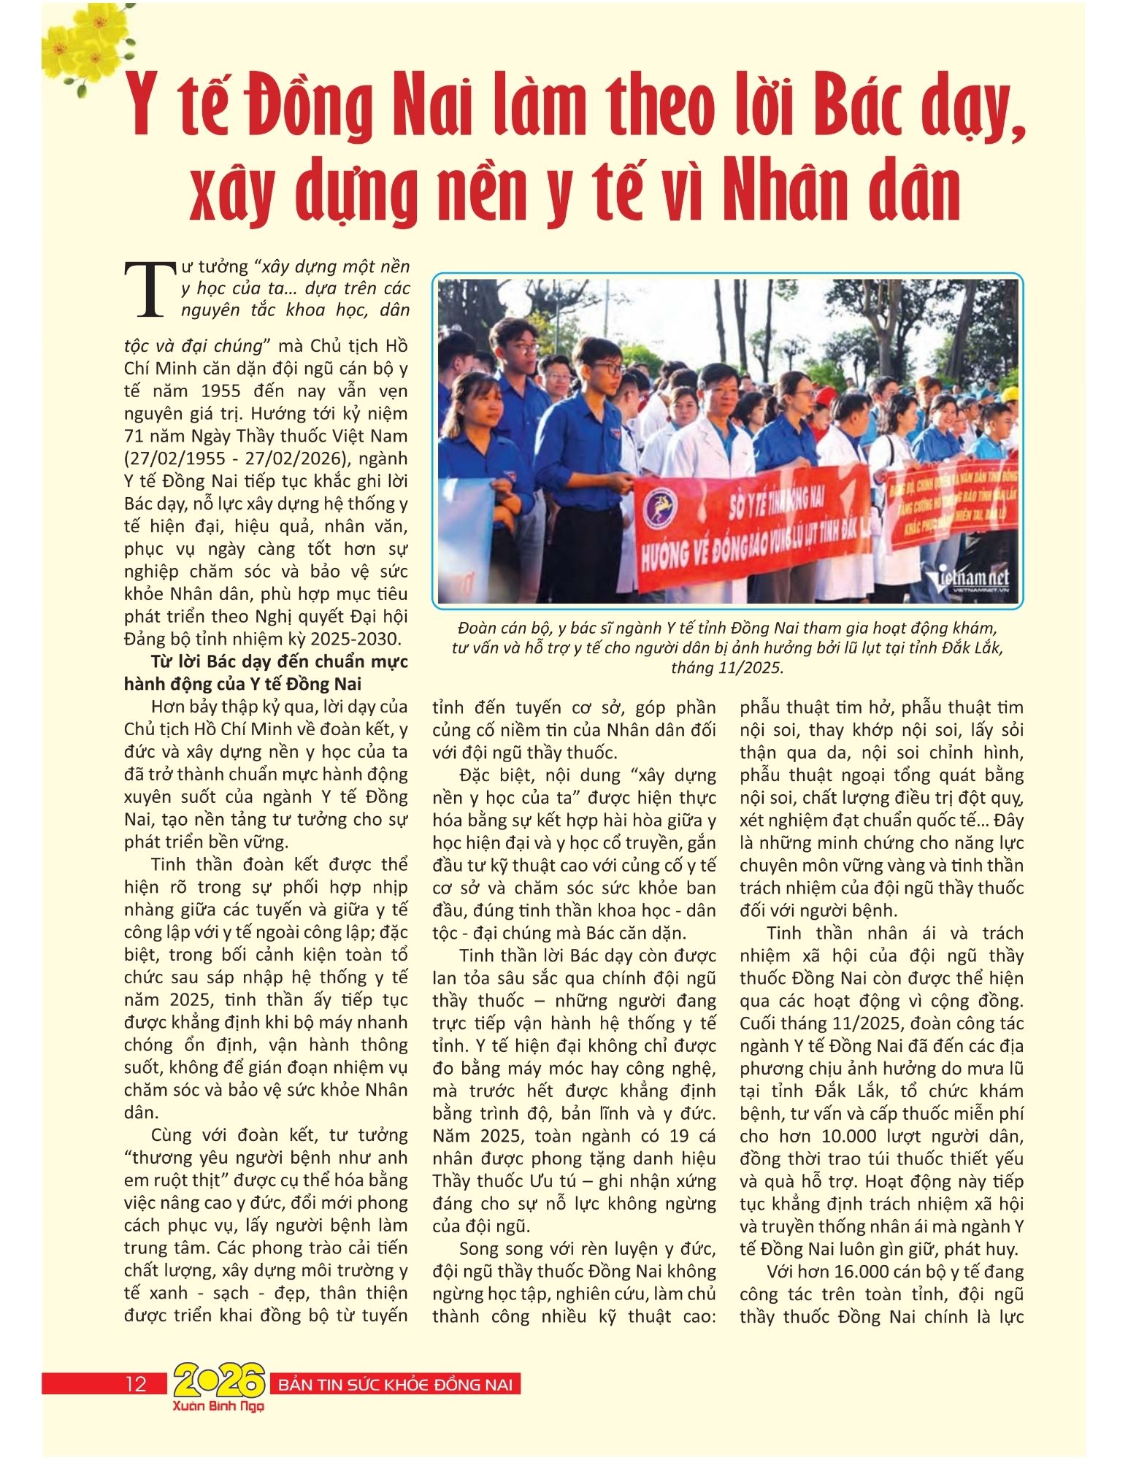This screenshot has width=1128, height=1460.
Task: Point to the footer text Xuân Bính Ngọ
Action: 218,1405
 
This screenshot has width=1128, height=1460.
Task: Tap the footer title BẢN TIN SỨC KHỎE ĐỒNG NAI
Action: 396,1384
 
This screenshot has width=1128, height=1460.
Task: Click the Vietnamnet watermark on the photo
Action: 967,580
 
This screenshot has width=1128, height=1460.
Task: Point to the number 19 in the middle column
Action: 678,1137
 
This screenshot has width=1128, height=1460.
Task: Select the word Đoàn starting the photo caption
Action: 478,628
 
